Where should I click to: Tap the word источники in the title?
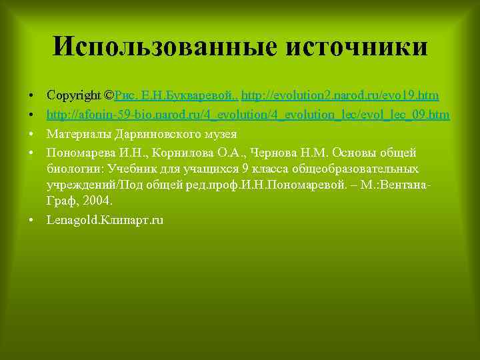click(356, 47)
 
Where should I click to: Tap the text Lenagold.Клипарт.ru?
click(105, 219)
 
